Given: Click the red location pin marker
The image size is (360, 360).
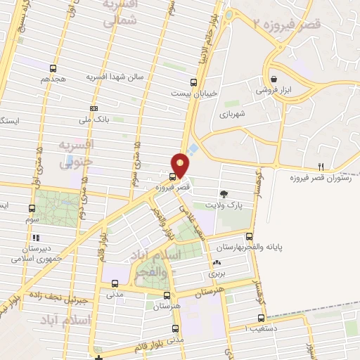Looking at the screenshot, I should tap(181, 165).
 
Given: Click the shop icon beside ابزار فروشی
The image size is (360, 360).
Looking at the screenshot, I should tap(274, 79).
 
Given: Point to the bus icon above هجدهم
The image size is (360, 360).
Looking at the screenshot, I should tap(53, 68).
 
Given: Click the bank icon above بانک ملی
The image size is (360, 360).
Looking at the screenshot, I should tap(94, 109).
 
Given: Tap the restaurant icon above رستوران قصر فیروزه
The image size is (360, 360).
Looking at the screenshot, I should tap(321, 167).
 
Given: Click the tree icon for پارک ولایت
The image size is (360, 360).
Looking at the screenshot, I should tap(224, 193).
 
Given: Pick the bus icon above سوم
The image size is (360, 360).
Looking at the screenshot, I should tap(32, 208).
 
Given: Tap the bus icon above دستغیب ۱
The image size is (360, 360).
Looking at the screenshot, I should tap(262, 317).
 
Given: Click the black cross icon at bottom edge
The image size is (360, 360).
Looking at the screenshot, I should tap(100, 359).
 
